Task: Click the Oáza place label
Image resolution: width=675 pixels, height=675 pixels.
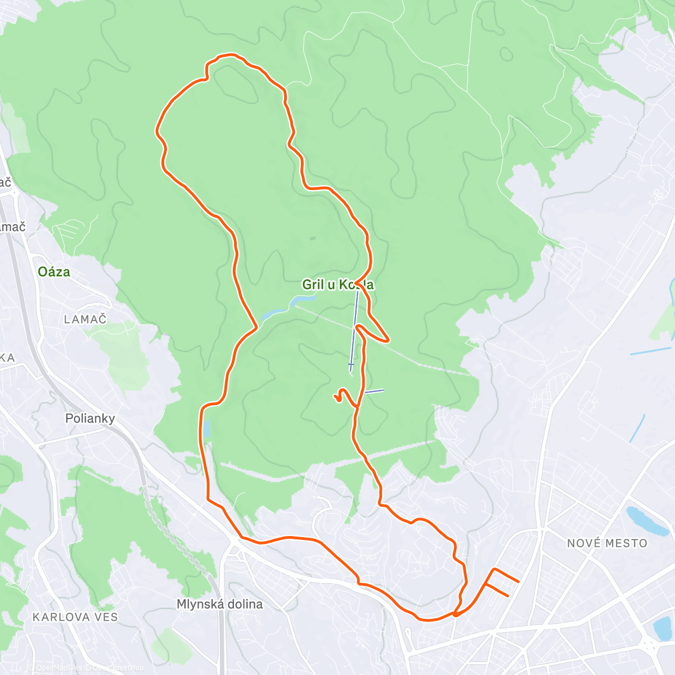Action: click(x=54, y=272)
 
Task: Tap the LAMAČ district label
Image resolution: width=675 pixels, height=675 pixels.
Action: click(x=85, y=319)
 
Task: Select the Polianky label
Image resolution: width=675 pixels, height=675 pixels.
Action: click(x=90, y=418)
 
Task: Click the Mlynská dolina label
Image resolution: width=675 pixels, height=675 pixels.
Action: click(x=219, y=605)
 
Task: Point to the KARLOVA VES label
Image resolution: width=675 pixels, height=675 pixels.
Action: click(x=75, y=617)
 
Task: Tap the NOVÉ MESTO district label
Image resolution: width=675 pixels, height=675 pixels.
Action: click(x=607, y=543)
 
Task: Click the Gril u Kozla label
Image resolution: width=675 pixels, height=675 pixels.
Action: click(x=337, y=285)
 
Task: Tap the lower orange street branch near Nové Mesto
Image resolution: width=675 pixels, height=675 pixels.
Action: click(x=498, y=590)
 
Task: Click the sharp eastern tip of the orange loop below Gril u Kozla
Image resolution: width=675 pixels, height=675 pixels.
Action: click(x=388, y=339)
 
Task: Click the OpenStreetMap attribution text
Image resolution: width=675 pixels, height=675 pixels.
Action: click(x=118, y=668)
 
